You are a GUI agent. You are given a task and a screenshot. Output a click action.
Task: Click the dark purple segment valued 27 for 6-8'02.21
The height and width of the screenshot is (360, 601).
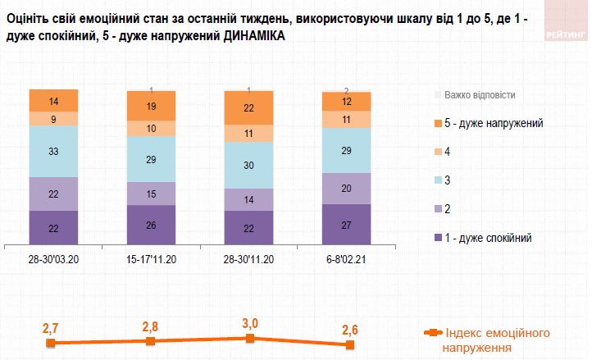coord(347,224)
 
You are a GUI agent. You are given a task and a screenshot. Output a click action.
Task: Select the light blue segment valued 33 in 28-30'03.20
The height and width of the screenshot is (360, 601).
coord(53,152)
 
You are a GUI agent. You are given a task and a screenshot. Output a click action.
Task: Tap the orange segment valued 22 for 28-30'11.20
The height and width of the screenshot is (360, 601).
coord(249,107)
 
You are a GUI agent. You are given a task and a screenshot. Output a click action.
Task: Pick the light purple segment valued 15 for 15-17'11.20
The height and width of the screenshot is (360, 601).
coord(151,193)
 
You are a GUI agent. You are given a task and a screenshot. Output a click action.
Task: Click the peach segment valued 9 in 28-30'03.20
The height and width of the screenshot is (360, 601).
coord(53,118)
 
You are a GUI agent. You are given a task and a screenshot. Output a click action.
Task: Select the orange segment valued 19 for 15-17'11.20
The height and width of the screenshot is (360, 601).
coord(151,107)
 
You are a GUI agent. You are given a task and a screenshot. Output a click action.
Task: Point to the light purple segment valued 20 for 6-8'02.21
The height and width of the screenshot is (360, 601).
coord(347,188)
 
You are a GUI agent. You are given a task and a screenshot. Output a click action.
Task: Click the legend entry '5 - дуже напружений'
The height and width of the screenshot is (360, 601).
coord(494,123)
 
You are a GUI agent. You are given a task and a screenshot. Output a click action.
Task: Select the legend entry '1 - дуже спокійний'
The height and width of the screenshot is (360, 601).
coord(488,238)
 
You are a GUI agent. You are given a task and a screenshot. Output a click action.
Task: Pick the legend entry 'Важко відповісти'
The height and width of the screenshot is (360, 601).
coord(480,94)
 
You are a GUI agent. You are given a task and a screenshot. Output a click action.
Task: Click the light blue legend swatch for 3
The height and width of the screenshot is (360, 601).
coord(437,180)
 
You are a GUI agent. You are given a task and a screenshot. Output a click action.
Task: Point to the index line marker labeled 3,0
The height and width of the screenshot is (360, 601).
coord(250,338)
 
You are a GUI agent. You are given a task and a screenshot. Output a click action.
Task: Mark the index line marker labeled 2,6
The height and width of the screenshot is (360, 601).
coord(350,345)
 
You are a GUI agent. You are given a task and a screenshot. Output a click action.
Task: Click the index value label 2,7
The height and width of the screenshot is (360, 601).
coord(50,329)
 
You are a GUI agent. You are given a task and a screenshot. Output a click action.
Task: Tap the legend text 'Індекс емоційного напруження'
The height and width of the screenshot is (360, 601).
coord(497,339)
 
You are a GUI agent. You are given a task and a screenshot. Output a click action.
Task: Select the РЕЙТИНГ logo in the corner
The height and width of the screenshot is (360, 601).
coord(567,35)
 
